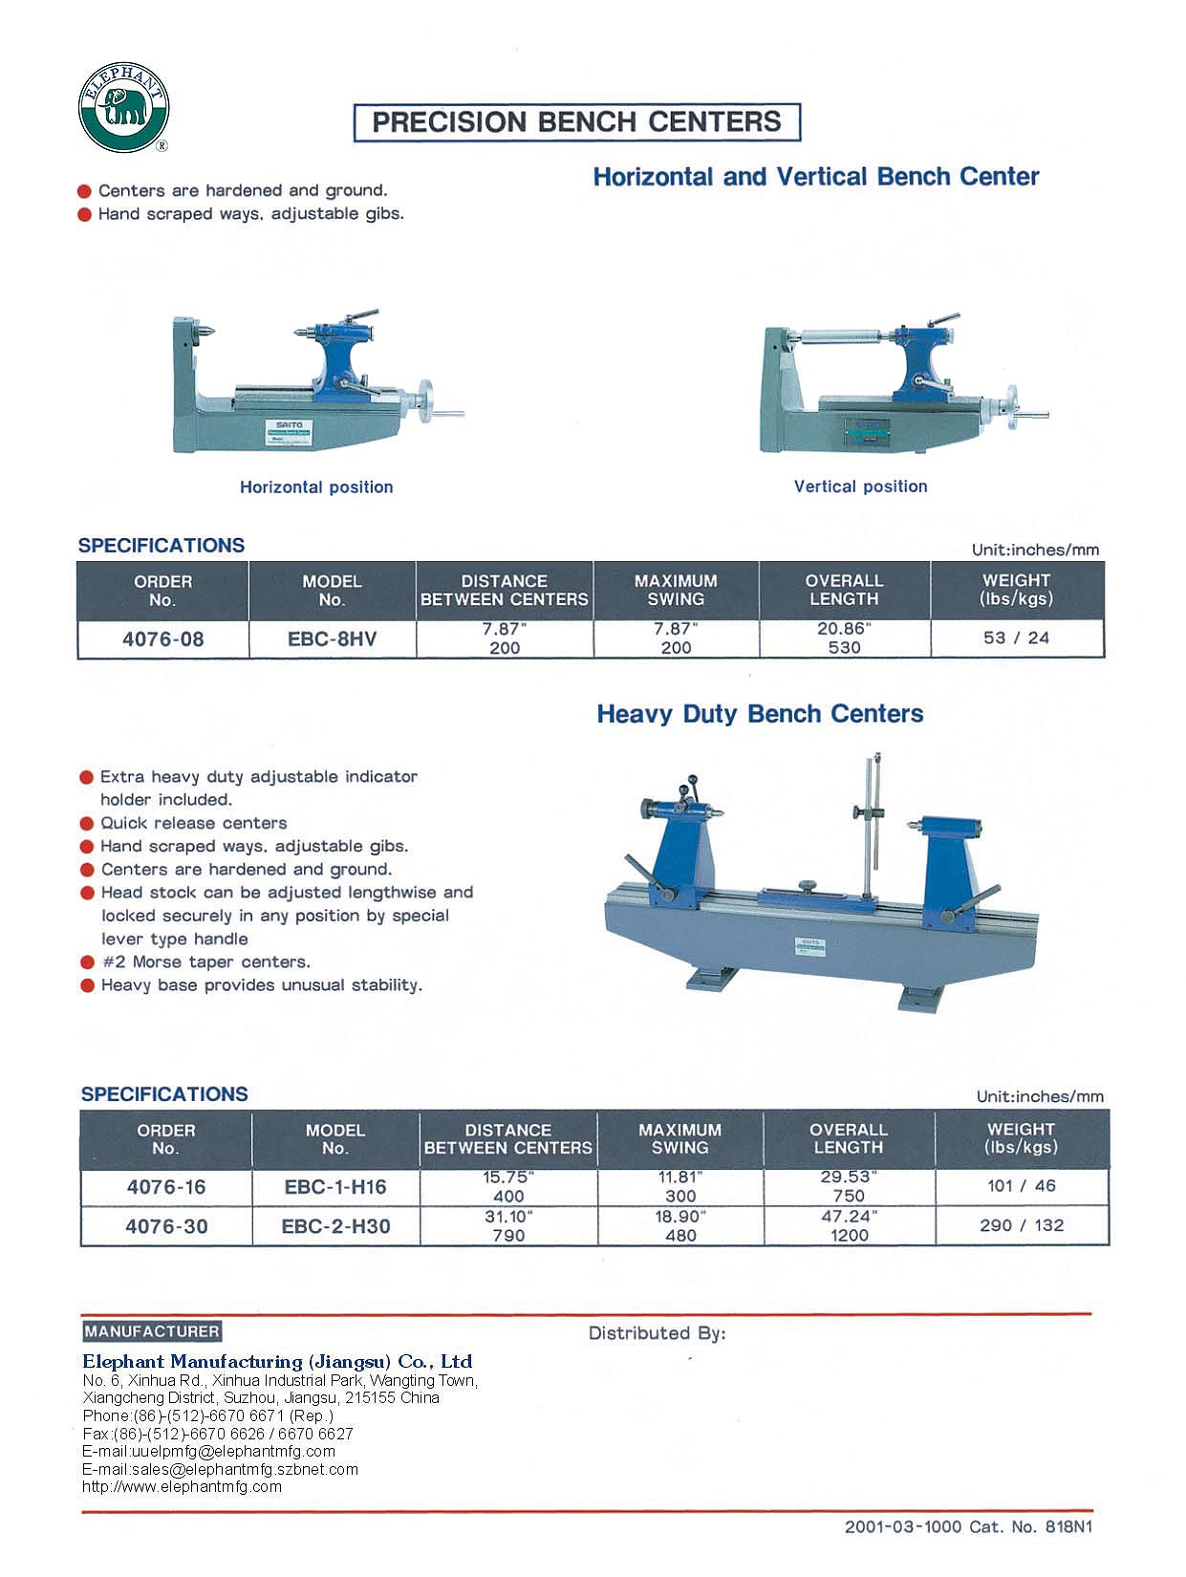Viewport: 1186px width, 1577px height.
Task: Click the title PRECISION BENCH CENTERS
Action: tap(576, 122)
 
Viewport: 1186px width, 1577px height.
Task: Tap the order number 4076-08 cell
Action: tap(162, 638)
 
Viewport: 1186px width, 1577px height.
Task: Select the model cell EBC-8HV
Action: tap(332, 638)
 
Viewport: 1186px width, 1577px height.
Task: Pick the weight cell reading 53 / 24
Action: tap(1016, 637)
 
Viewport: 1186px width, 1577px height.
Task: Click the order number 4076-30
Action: tap(166, 1226)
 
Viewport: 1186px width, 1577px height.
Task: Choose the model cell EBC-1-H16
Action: tap(335, 1187)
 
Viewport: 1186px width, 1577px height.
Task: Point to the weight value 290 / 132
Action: tap(1021, 1225)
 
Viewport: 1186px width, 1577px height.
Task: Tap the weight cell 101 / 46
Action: tap(1021, 1186)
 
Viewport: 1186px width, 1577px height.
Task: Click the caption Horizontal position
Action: tap(316, 487)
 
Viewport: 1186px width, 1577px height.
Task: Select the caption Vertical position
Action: tap(860, 486)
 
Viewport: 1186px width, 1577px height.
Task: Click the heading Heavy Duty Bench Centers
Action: tap(760, 714)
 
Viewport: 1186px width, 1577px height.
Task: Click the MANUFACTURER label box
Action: tap(152, 1331)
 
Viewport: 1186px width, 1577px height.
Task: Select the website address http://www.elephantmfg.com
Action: tap(182, 1486)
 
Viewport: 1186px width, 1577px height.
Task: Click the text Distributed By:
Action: tap(657, 1333)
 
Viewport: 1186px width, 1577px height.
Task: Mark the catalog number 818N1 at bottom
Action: tap(1068, 1526)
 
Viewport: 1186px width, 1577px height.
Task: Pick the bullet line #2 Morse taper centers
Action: tap(205, 961)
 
